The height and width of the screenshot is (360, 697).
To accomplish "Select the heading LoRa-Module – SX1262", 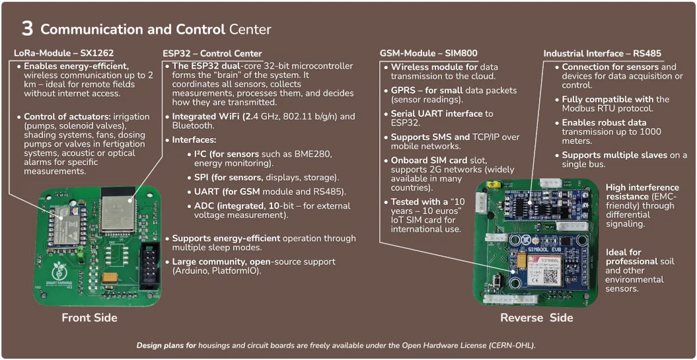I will (55, 54).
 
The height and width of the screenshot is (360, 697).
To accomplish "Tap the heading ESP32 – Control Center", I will (212, 54).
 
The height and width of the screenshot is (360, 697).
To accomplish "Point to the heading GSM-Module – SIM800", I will (428, 54).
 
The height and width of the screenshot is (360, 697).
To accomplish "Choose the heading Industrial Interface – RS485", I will (602, 54).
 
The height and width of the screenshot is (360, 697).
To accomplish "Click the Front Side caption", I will (89, 318).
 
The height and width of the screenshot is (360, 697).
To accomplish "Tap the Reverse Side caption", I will (536, 318).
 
